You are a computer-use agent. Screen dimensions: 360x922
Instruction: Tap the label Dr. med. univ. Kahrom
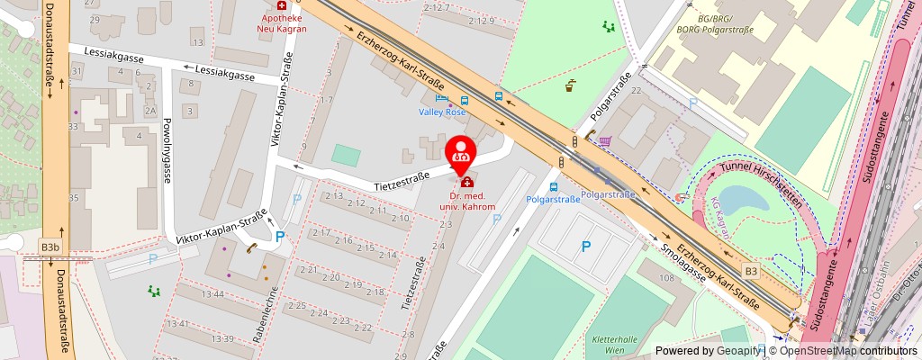pyautogui.click(x=467, y=201)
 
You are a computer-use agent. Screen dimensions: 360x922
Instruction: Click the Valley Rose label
pyautogui.click(x=441, y=112)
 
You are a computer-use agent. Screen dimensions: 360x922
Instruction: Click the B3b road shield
pyautogui.click(x=51, y=246)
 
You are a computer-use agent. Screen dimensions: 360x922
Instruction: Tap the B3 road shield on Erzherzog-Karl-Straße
pyautogui.click(x=751, y=270)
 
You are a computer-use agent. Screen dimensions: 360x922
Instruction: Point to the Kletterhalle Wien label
pyautogui.click(x=614, y=345)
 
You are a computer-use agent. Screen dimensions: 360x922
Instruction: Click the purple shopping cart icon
pyautogui.click(x=605, y=141)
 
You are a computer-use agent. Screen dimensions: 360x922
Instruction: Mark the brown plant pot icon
pyautogui.click(x=570, y=86)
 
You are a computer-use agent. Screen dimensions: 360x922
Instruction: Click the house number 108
pyautogui.click(x=666, y=278)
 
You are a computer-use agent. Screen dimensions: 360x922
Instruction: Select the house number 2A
pyautogui.click(x=150, y=111)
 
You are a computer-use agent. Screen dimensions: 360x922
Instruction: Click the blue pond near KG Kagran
pyautogui.click(x=737, y=199)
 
